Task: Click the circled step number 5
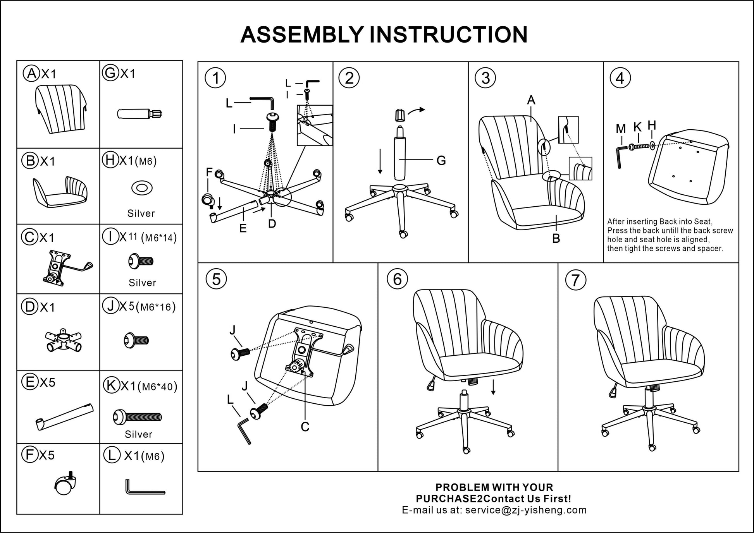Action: pyautogui.click(x=216, y=279)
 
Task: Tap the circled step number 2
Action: pyautogui.click(x=349, y=78)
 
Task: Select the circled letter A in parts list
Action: pyautogui.click(x=31, y=73)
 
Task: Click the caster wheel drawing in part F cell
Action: pyautogui.click(x=65, y=484)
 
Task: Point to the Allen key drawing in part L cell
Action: pyautogui.click(x=144, y=488)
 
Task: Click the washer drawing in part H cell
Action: pyautogui.click(x=142, y=189)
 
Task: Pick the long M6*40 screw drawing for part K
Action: pyautogui.click(x=137, y=417)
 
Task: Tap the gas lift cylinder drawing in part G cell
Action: pyautogui.click(x=139, y=114)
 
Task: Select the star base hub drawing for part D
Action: pyautogui.click(x=63, y=340)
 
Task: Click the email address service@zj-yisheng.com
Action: pyautogui.click(x=526, y=510)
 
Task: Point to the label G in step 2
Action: pyautogui.click(x=441, y=160)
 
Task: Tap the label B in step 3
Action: pyautogui.click(x=556, y=238)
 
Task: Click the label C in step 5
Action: pyautogui.click(x=305, y=427)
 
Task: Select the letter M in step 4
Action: pyautogui.click(x=621, y=129)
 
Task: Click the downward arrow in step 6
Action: pyautogui.click(x=493, y=387)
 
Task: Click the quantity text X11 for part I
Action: pyautogui.click(x=128, y=237)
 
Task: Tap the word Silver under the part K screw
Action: pyautogui.click(x=138, y=434)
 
